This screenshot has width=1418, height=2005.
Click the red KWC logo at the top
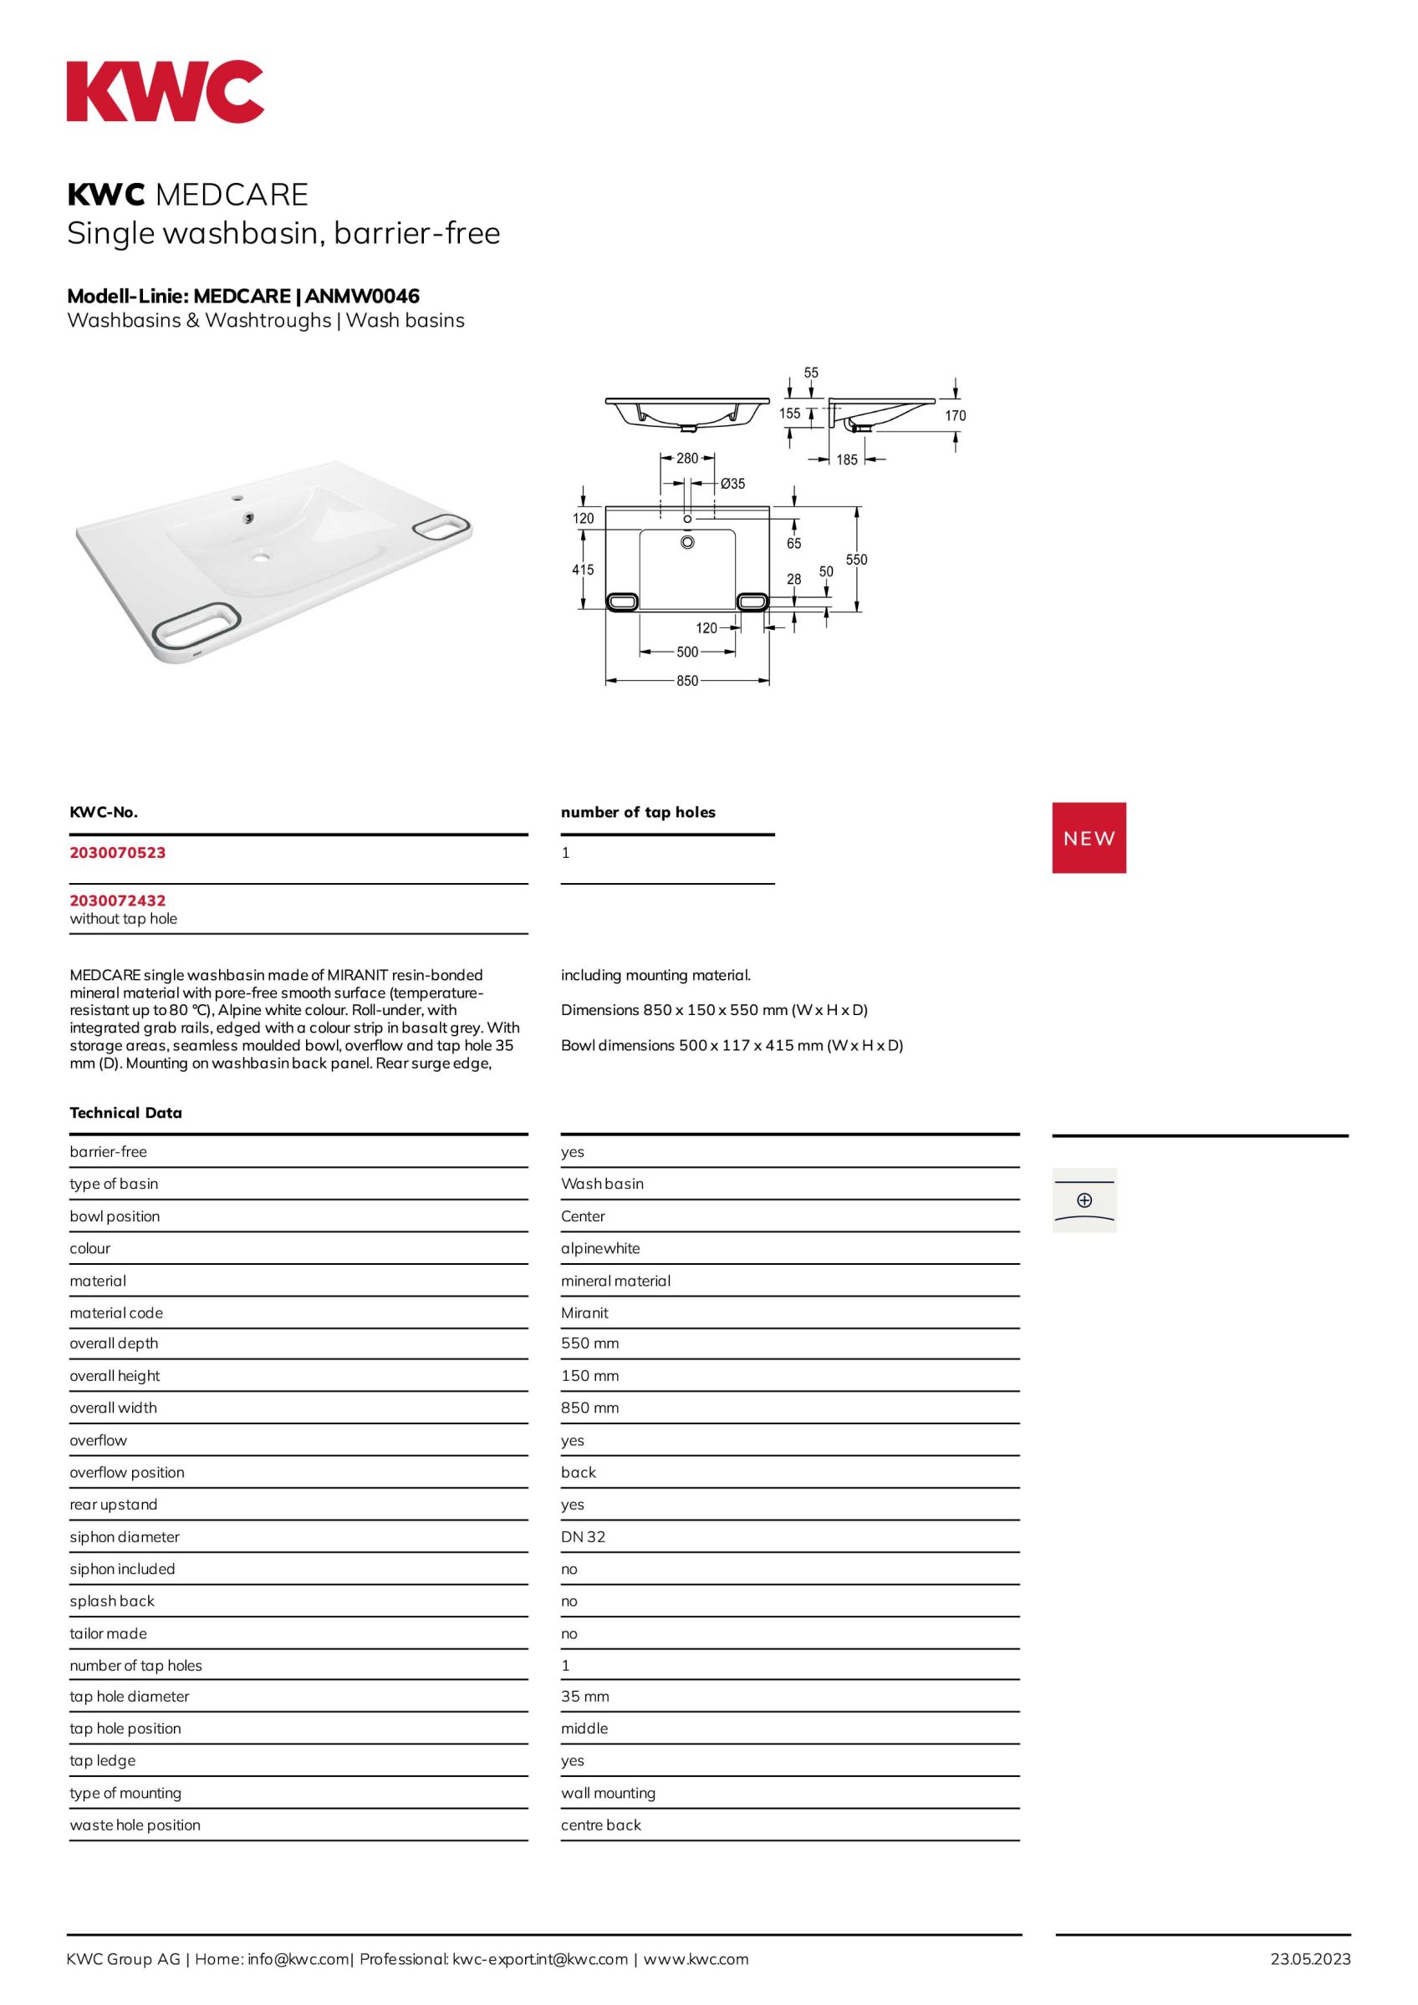pyautogui.click(x=166, y=91)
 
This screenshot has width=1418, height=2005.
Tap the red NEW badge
pyautogui.click(x=1089, y=837)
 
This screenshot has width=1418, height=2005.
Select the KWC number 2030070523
pyautogui.click(x=118, y=852)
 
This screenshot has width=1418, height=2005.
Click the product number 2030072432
pyautogui.click(x=118, y=900)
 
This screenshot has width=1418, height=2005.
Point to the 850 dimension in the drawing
pyautogui.click(x=687, y=680)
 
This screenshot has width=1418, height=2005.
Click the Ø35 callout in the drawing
pyautogui.click(x=732, y=483)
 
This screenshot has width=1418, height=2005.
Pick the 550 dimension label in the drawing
pyautogui.click(x=856, y=559)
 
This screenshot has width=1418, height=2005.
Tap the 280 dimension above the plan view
pyautogui.click(x=687, y=458)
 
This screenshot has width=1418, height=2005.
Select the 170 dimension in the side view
pyautogui.click(x=955, y=416)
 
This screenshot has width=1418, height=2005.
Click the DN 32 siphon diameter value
pyautogui.click(x=583, y=1536)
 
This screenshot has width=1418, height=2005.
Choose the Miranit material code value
pyautogui.click(x=584, y=1312)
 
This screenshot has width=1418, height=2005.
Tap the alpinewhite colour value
pyautogui.click(x=600, y=1248)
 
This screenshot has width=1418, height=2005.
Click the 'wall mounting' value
pyautogui.click(x=608, y=1793)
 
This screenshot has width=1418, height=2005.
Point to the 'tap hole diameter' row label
pyautogui.click(x=130, y=1696)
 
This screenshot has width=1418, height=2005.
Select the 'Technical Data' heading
pyautogui.click(x=125, y=1113)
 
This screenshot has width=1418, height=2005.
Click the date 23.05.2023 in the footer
pyautogui.click(x=1309, y=1959)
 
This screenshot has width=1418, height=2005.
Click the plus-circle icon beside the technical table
pyautogui.click(x=1084, y=1200)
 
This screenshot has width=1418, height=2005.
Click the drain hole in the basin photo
pyautogui.click(x=261, y=556)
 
